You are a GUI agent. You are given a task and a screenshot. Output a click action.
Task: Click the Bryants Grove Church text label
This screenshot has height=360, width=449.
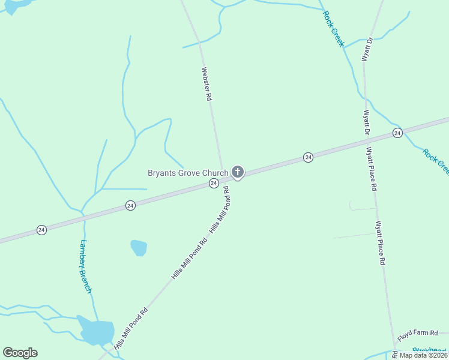188,173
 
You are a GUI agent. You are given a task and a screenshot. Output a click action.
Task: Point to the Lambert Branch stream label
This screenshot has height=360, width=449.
86,266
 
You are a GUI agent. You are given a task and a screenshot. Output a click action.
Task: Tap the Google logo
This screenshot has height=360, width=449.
20,353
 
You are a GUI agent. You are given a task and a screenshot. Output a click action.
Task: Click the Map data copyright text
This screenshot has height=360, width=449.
424,355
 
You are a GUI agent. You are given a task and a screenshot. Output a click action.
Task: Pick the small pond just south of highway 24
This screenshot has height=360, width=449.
139,247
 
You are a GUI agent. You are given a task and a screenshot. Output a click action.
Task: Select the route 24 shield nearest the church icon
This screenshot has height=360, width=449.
213,183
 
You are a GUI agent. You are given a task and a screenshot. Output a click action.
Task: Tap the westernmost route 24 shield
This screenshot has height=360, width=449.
41,230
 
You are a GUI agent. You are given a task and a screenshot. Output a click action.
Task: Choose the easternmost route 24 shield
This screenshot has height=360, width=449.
397,133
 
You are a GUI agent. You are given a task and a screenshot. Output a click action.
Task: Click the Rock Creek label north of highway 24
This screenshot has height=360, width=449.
334,28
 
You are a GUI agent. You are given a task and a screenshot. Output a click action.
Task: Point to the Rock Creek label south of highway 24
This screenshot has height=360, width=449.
435,161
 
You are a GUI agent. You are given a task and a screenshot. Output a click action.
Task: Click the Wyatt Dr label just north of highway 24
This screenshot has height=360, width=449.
366,122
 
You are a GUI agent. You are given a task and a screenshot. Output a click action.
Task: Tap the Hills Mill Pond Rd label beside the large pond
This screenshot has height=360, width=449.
130,329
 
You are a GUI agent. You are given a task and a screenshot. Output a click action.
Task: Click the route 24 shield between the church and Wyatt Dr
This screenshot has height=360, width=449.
308,157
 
